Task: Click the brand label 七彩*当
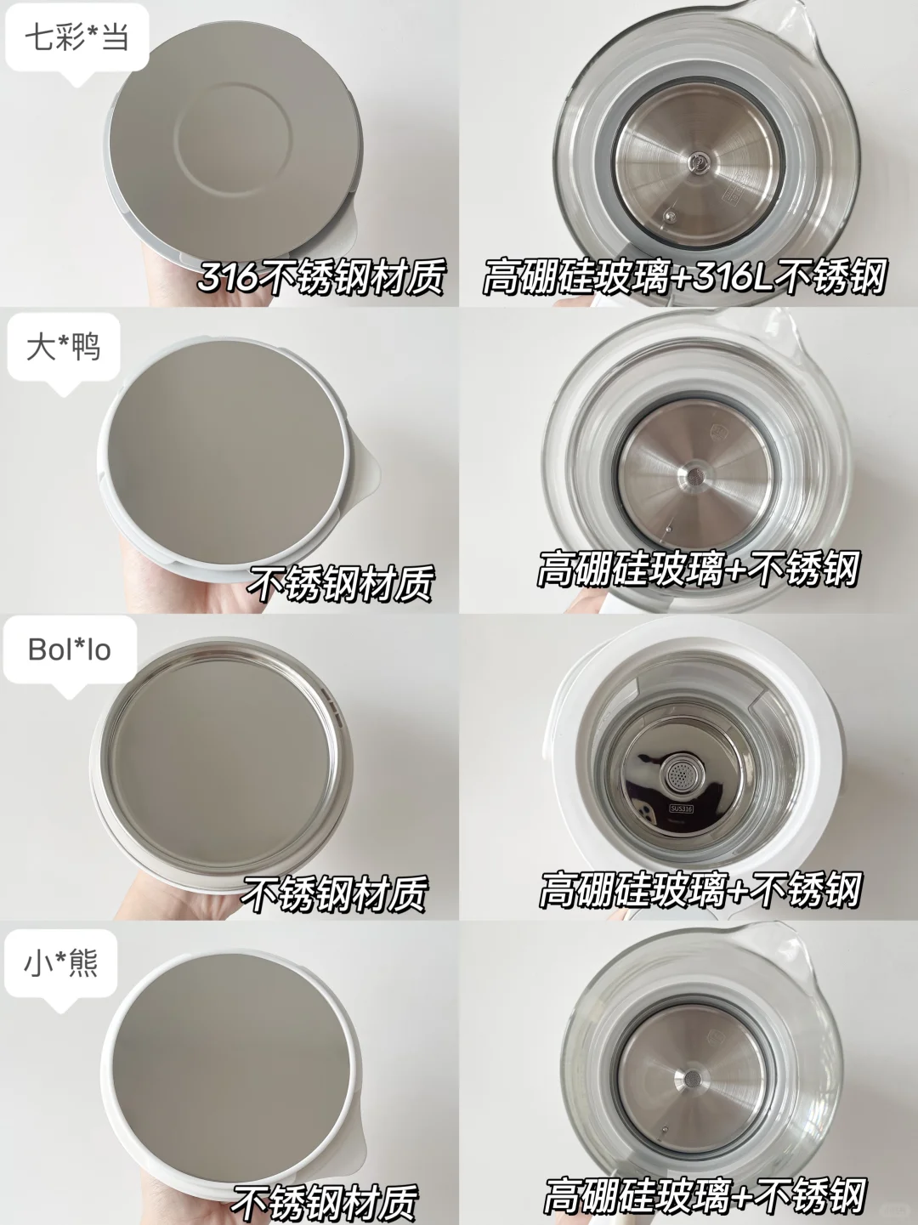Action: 77,38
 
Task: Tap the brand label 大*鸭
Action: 63,347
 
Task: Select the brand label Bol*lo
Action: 69,649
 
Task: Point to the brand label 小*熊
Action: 61,962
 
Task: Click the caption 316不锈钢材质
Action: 321,277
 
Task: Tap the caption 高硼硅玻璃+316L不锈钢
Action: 684,276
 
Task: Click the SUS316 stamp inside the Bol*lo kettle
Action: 681,808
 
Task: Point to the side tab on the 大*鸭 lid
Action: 367,473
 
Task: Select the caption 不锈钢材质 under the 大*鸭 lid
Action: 340,583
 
